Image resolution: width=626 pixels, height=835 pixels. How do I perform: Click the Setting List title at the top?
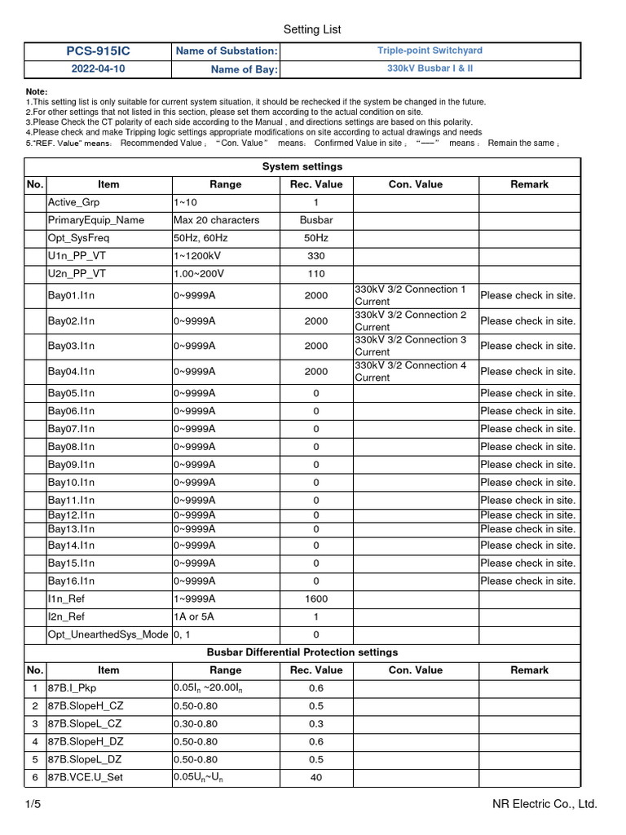[x=312, y=29]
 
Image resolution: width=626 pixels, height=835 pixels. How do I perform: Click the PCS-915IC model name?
[x=97, y=51]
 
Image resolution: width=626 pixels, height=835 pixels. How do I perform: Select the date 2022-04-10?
[x=97, y=69]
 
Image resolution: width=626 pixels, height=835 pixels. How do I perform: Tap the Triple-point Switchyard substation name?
[x=430, y=51]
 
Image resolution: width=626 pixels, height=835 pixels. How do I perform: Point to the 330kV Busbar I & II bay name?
[x=430, y=68]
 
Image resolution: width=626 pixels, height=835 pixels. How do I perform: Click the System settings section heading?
[x=302, y=166]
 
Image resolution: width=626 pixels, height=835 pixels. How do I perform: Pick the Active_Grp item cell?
[x=74, y=202]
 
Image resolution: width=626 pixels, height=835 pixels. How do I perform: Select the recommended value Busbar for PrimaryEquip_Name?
[x=316, y=220]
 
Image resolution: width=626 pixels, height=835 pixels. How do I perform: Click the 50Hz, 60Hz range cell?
[x=199, y=238]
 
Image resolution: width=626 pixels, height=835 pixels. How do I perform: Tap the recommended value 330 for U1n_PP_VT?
[x=316, y=256]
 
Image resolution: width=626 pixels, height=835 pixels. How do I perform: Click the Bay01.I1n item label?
[x=72, y=295]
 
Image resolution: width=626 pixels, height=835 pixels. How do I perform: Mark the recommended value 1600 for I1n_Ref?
[x=316, y=599]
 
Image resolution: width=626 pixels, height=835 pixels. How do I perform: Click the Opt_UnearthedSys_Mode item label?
[x=108, y=634]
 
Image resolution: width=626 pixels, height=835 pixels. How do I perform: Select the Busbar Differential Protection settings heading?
[x=302, y=652]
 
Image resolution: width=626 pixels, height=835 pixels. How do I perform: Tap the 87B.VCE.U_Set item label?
[x=86, y=777]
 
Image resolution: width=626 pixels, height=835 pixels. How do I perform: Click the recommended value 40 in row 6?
[x=316, y=777]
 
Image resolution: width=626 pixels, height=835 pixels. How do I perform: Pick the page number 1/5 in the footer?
[x=33, y=805]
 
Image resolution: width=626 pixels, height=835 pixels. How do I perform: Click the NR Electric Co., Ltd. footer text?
[x=544, y=805]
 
